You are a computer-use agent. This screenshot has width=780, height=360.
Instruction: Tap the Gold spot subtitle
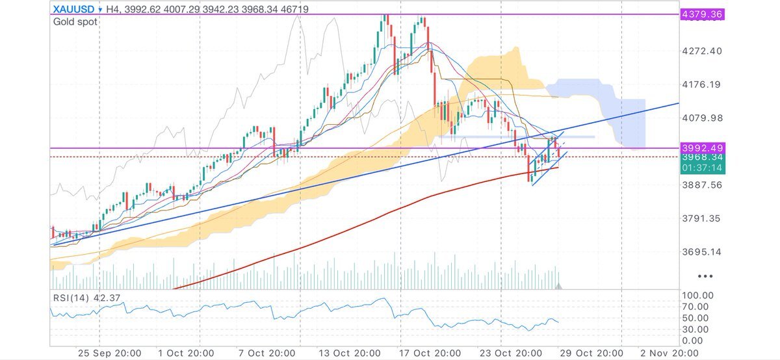[75, 22]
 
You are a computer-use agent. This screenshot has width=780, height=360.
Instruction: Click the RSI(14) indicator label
[71, 299]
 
